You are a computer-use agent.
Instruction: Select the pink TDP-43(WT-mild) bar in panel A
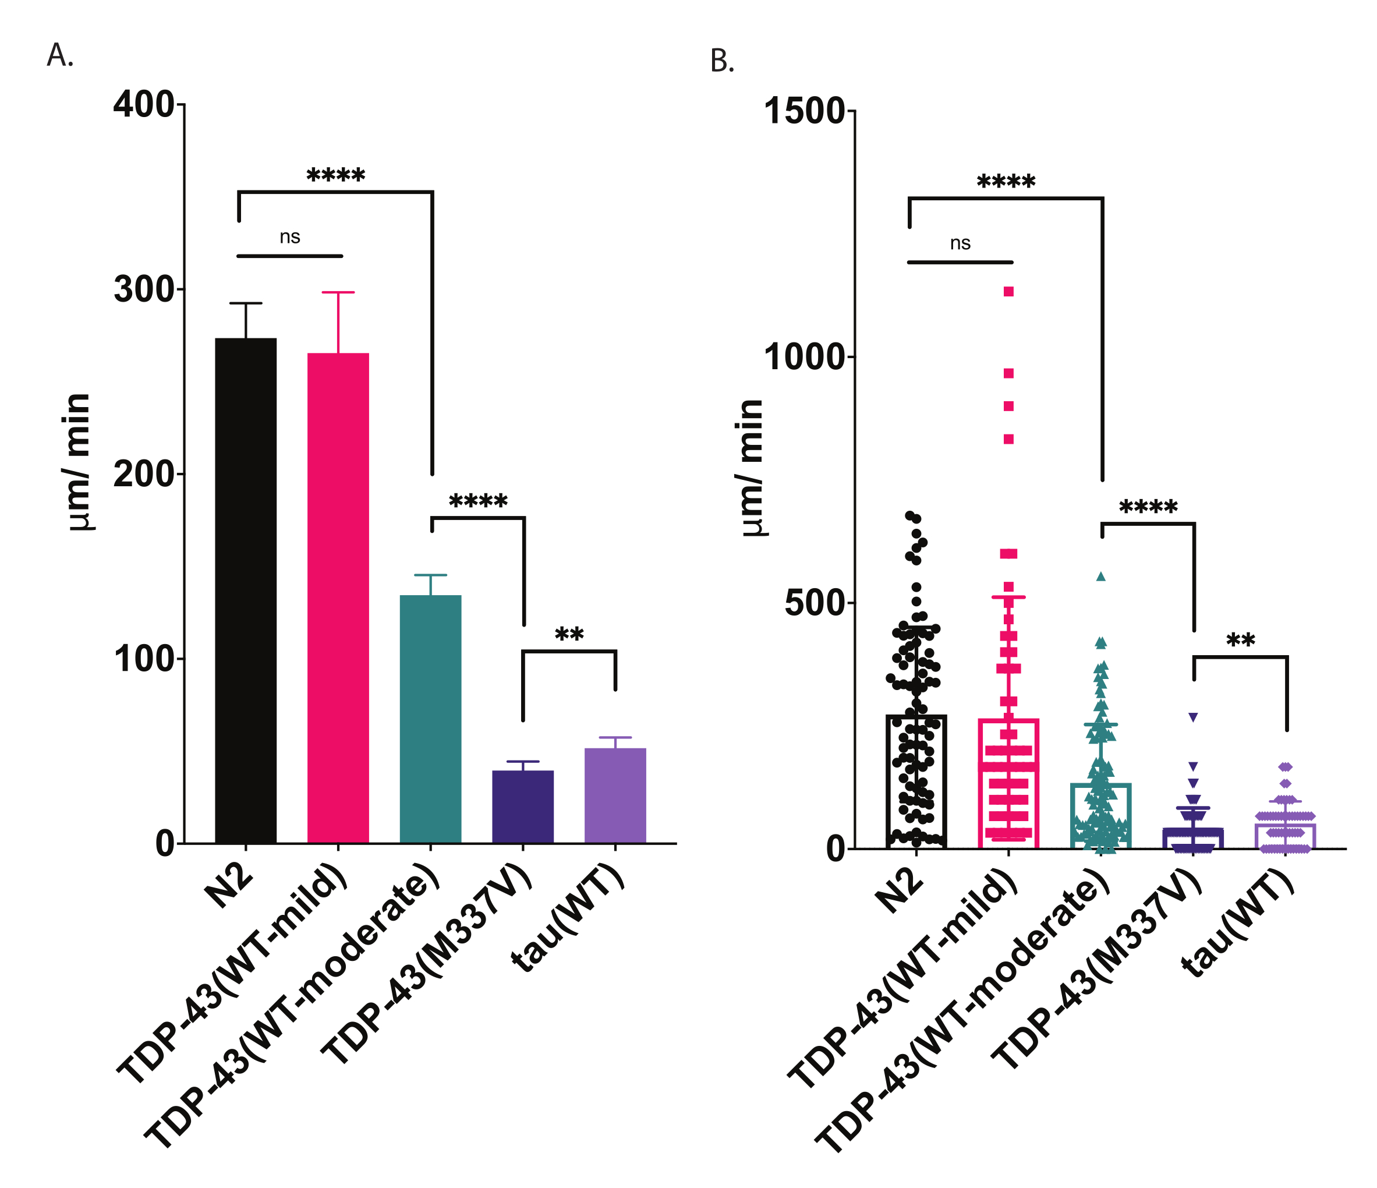[338, 598]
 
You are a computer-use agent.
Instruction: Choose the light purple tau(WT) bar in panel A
[615, 795]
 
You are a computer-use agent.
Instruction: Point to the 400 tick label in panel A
[144, 104]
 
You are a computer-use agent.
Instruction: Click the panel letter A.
[59, 55]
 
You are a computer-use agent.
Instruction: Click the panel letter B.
[722, 61]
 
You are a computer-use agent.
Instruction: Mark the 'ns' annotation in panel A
[290, 236]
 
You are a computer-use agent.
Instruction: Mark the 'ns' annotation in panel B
[960, 243]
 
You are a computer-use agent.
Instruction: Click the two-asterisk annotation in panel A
[569, 634]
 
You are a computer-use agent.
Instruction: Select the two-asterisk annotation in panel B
[1240, 640]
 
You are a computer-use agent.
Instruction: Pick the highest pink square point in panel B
[1009, 291]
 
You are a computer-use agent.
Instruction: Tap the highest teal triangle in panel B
[1100, 577]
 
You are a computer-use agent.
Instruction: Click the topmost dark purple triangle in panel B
[1193, 717]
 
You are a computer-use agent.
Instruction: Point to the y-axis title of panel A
[79, 461]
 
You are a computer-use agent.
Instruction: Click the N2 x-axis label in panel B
[898, 891]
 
